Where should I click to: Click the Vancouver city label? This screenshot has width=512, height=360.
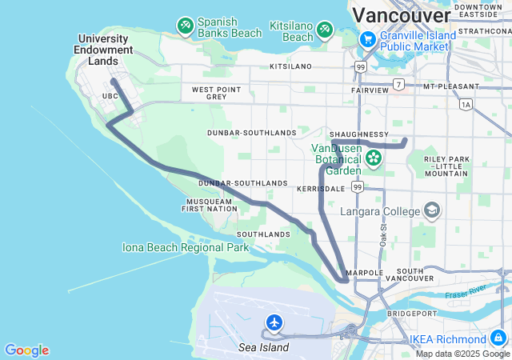point(400,15)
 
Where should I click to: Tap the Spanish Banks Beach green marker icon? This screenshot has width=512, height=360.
point(186,26)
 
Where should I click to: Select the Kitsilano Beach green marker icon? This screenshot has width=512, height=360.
point(325,30)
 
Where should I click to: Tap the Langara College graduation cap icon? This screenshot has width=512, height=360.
point(432,210)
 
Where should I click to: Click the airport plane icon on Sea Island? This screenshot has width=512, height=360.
point(274,322)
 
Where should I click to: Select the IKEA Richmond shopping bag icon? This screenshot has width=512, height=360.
point(498,338)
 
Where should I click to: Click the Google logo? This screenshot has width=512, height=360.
point(26,350)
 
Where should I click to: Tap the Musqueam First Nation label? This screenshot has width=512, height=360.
point(210,205)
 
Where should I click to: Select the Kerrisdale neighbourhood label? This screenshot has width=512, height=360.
point(319,189)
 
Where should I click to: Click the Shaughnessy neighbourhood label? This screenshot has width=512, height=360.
point(359,134)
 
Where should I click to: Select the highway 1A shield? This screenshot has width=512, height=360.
point(466,104)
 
